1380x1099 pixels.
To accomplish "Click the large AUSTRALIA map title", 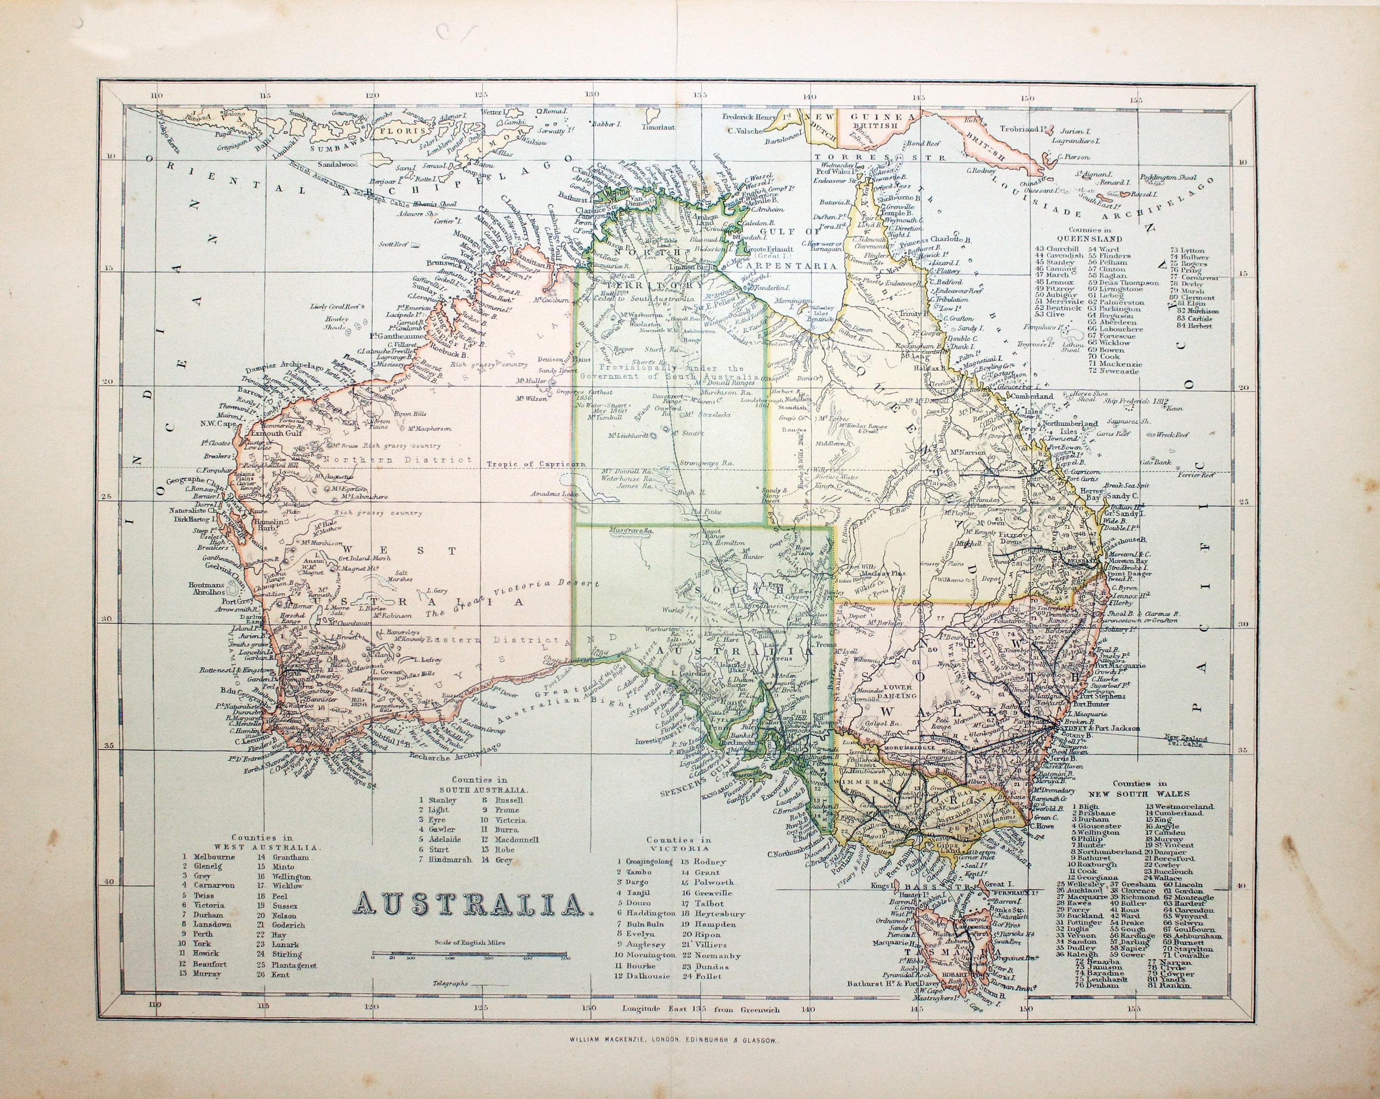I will coord(472,904).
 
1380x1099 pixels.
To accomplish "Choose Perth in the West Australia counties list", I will coord(203,934).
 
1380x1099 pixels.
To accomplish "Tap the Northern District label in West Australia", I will coord(397,460).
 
